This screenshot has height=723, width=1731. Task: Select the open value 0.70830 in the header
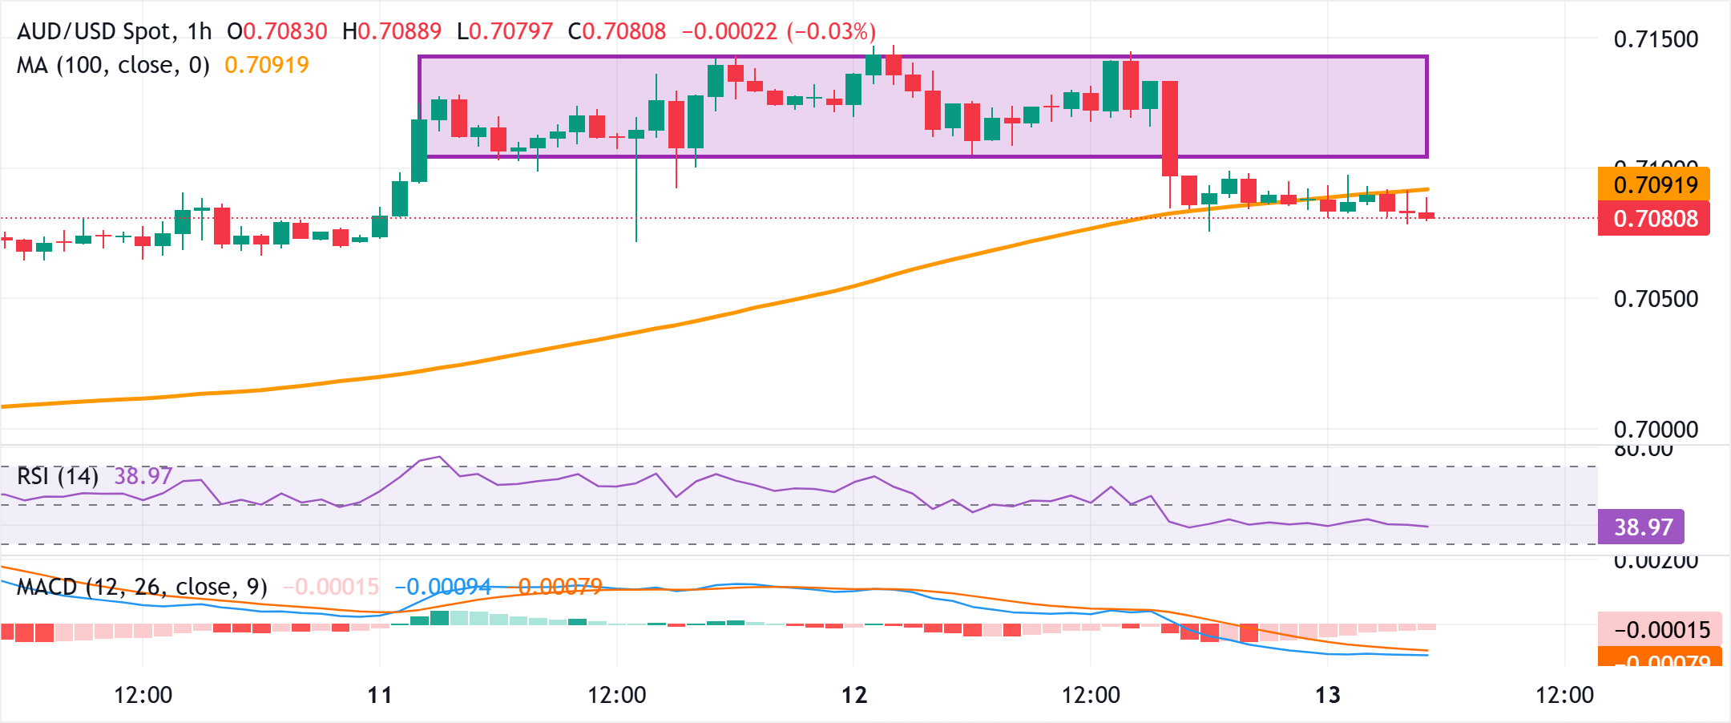284,31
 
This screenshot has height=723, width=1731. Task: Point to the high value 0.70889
399,31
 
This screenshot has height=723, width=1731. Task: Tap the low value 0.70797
510,31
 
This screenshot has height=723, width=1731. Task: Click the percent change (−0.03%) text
831,31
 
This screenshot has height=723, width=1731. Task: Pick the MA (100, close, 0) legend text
113,65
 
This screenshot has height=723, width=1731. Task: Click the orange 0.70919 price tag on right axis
1654,184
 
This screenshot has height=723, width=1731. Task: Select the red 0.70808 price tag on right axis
1654,218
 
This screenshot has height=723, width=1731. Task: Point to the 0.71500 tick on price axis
1656,39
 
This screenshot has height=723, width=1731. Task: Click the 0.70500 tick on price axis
1656,299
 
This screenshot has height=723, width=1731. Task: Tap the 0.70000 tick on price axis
1656,429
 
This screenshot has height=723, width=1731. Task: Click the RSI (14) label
58,476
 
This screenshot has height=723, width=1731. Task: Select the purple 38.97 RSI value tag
1641,527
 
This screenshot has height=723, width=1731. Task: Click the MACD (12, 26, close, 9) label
142,587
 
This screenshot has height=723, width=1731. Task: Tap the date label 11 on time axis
380,694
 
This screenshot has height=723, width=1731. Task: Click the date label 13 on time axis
1328,694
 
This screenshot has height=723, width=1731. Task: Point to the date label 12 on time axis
854,694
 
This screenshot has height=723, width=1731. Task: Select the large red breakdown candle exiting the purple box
1170,128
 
